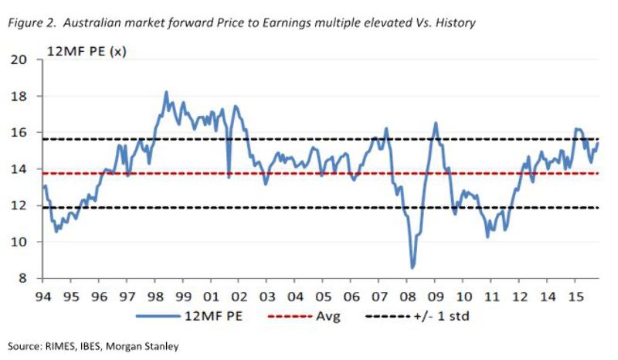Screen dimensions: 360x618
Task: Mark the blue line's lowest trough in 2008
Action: coord(413,267)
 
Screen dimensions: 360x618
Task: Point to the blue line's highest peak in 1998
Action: coord(166,92)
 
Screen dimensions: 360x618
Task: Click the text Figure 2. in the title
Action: coord(28,23)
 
